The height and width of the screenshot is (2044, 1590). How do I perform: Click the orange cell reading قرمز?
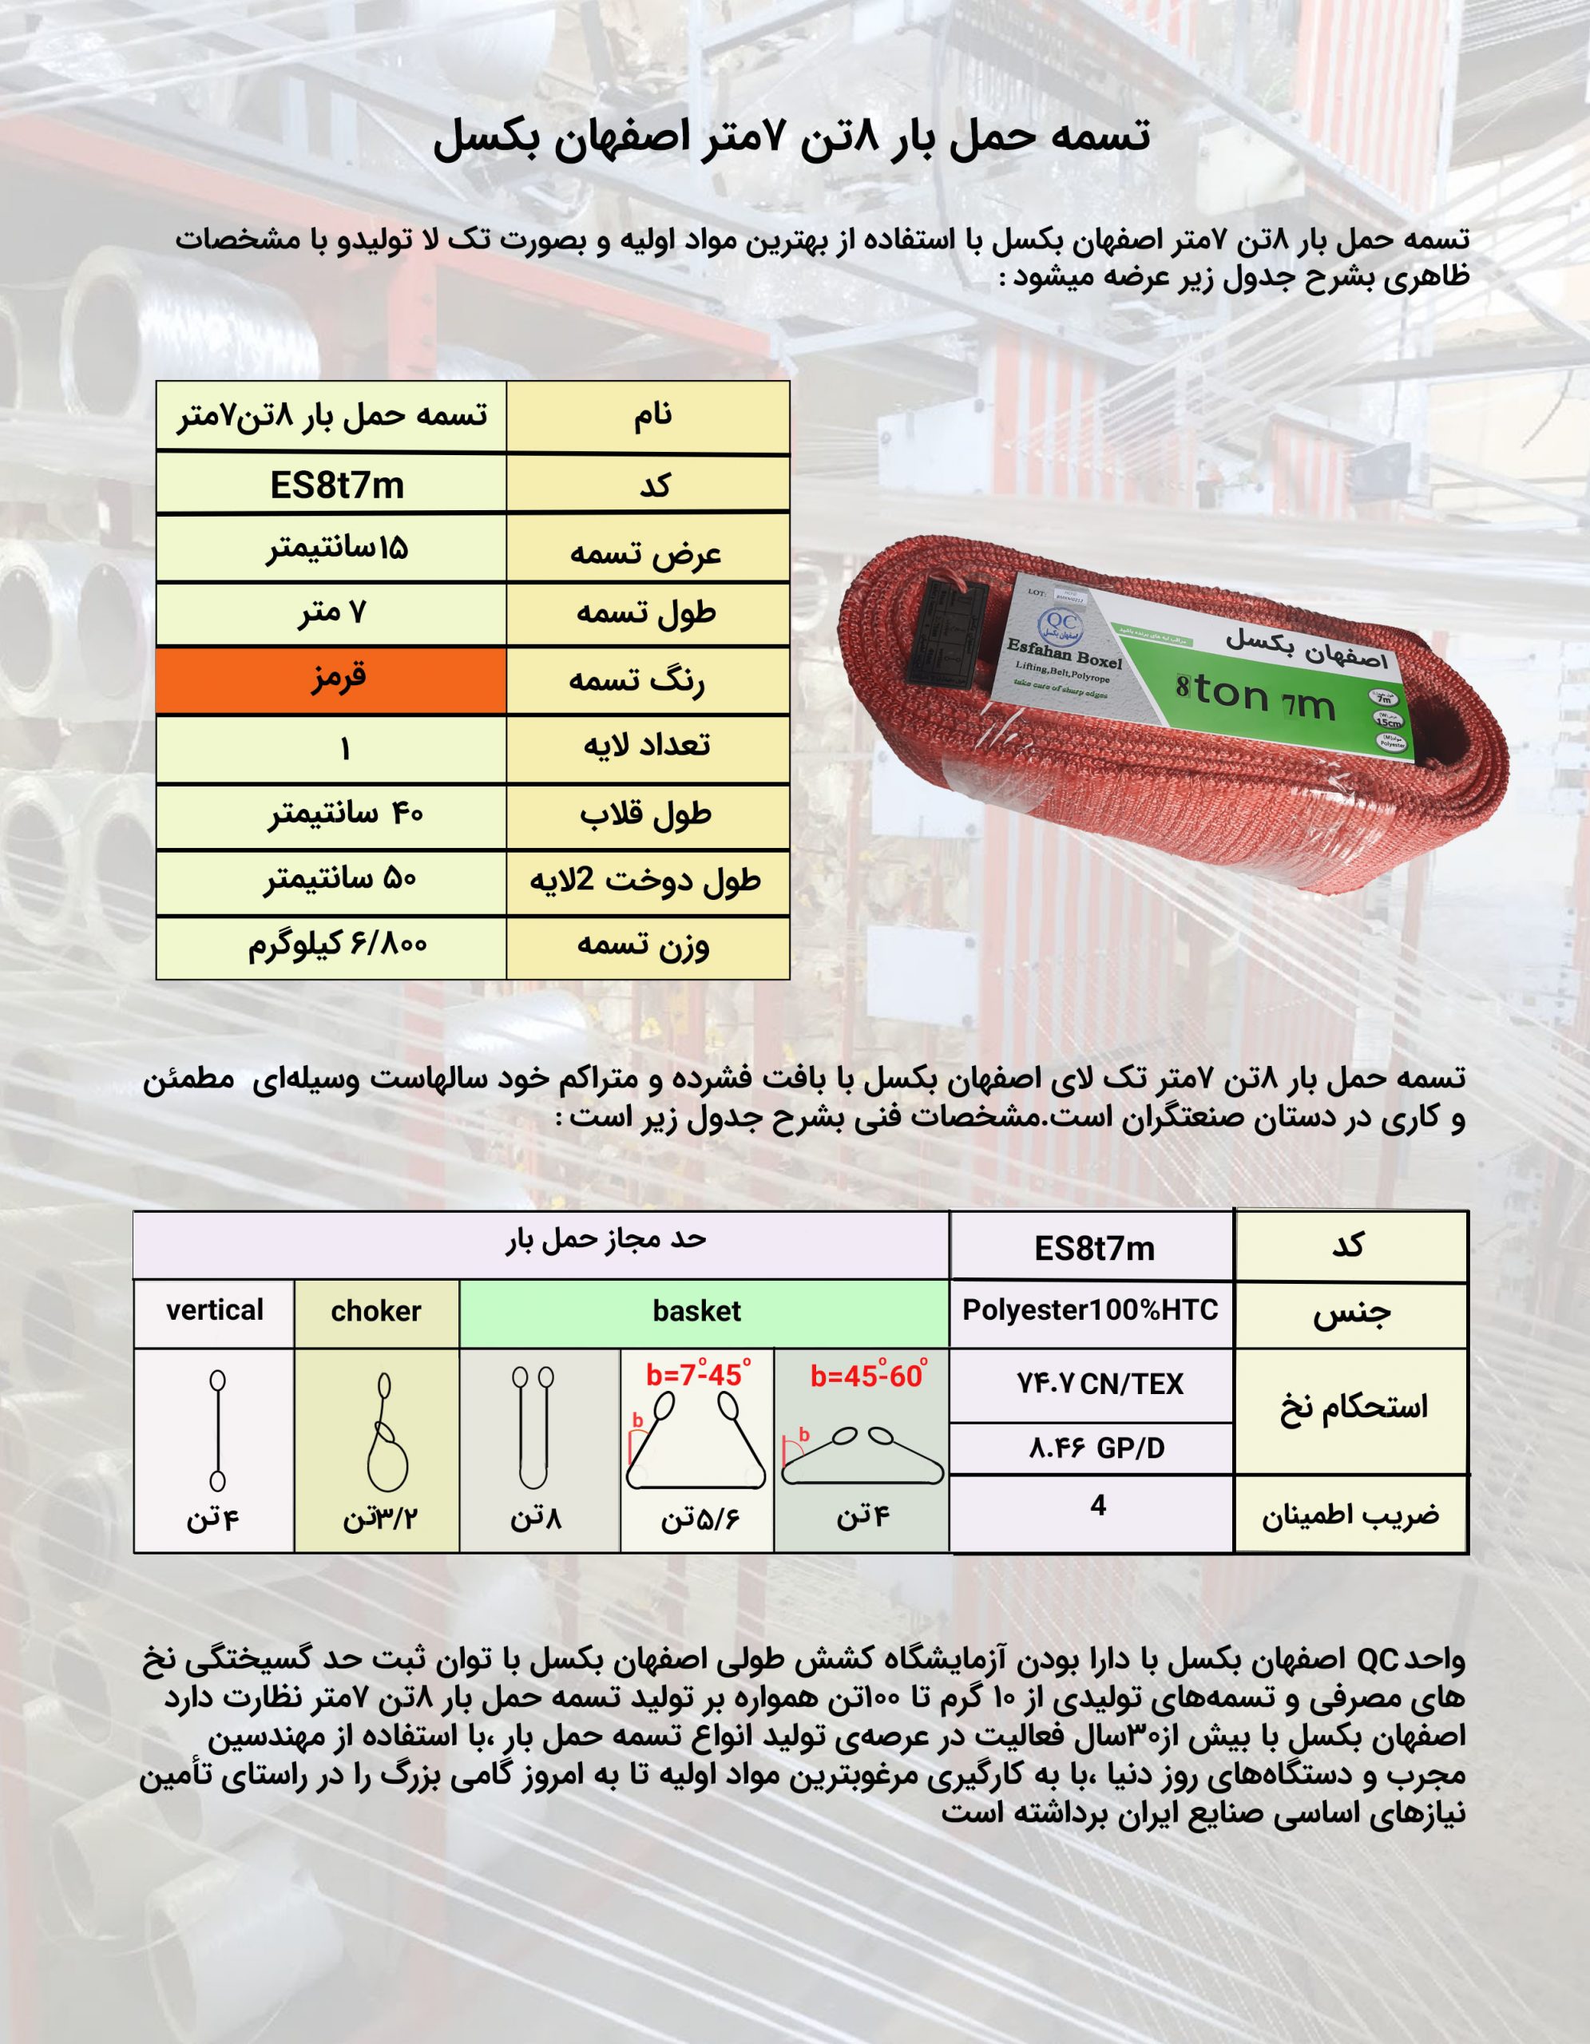pyautogui.click(x=331, y=680)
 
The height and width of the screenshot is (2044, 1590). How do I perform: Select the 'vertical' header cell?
pyautogui.click(x=214, y=1311)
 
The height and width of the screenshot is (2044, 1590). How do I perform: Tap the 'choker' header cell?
pyautogui.click(x=376, y=1312)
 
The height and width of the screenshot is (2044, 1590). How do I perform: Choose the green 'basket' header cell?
pyautogui.click(x=697, y=1312)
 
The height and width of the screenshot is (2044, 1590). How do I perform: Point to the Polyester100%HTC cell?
pyautogui.click(x=1090, y=1310)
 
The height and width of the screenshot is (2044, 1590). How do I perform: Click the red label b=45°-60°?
pyautogui.click(x=867, y=1377)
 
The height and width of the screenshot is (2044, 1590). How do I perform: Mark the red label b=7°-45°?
pyautogui.click(x=697, y=1375)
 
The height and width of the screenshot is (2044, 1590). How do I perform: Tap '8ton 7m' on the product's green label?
pyautogui.click(x=1255, y=697)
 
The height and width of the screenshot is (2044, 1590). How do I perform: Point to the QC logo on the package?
pyautogui.click(x=1061, y=624)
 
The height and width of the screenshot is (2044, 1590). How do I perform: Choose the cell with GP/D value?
pyautogui.click(x=1096, y=1449)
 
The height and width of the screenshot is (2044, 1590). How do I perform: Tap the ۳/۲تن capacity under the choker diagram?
pyautogui.click(x=380, y=1517)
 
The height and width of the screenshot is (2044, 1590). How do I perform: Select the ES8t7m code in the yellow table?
pyautogui.click(x=337, y=485)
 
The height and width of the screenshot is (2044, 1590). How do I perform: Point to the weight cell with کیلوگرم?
pyautogui.click(x=337, y=945)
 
